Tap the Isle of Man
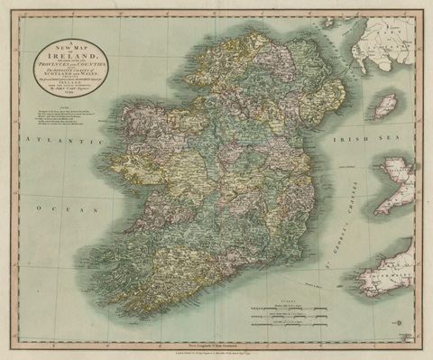pos(385,106)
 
